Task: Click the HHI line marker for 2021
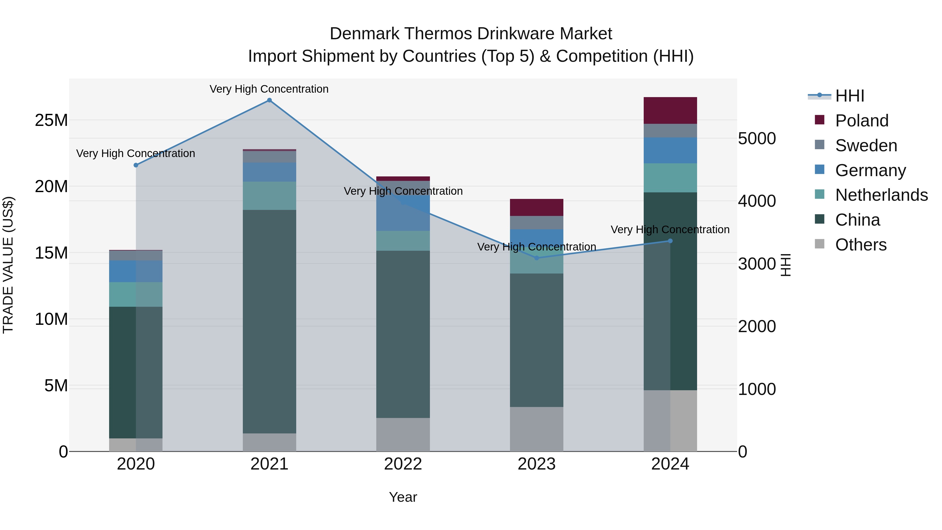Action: (269, 100)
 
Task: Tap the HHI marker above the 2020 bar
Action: (136, 165)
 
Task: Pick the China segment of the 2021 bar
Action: (269, 322)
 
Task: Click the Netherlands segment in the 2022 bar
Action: (403, 241)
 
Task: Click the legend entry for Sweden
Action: (866, 145)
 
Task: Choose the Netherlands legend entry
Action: (881, 195)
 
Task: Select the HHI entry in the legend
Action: (849, 96)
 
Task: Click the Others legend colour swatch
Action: (820, 244)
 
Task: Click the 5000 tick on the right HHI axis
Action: (756, 139)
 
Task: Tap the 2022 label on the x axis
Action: (403, 464)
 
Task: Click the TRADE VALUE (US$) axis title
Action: (8, 265)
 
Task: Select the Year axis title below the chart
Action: (403, 497)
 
